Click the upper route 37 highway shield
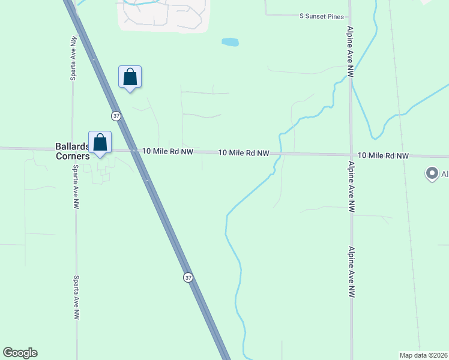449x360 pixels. tap(116, 115)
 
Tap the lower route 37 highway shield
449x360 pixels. tap(188, 277)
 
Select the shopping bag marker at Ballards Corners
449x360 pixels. tap(100, 143)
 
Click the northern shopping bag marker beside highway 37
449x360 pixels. tap(130, 77)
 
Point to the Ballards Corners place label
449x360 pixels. tap(72, 151)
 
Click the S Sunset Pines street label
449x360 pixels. tap(322, 17)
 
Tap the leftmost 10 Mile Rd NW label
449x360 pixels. tap(167, 152)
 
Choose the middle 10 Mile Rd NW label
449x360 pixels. tap(243, 153)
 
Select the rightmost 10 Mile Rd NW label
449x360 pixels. tap(383, 155)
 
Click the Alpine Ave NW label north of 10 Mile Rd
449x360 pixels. tap(350, 52)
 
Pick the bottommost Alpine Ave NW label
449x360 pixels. tap(352, 271)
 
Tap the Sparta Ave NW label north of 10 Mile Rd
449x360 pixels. tap(73, 58)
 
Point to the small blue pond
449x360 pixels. tap(230, 42)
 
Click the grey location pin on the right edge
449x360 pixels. tap(431, 174)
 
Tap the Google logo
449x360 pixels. tap(20, 353)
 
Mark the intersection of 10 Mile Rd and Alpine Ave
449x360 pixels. tap(351, 154)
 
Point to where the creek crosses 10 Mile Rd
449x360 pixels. tap(280, 154)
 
